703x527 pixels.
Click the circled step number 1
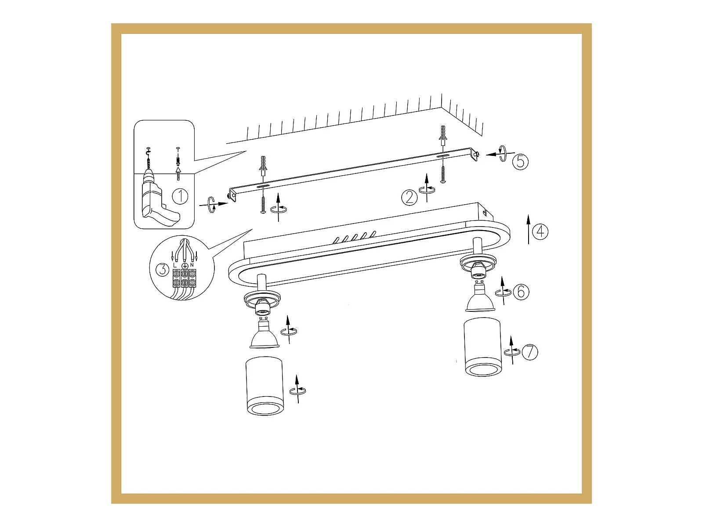pos(180,196)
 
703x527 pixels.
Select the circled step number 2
pos(409,198)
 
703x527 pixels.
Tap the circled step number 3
pos(163,269)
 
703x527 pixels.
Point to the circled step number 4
pos(540,231)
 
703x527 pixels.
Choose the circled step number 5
pos(521,162)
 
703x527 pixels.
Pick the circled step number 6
pos(521,292)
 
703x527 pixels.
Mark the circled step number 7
pos(530,352)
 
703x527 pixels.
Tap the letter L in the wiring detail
pos(174,265)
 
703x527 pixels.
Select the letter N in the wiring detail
pos(192,265)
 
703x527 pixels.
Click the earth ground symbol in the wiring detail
pos(184,266)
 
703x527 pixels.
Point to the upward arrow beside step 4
pos(529,229)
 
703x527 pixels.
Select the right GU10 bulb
pos(480,296)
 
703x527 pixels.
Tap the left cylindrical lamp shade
pos(264,386)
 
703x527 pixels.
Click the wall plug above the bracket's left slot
pos(263,165)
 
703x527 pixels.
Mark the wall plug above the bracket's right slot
pos(443,135)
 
